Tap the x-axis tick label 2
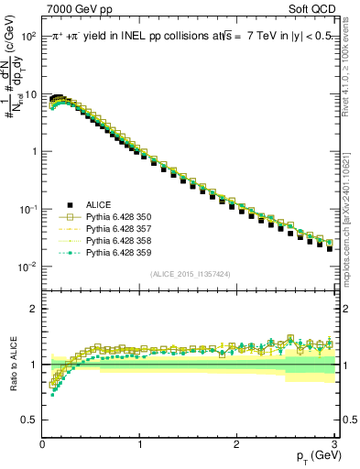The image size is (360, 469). tap(236, 443)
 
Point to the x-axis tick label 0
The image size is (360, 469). tap(42, 443)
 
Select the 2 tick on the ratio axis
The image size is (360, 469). tap(33, 309)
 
